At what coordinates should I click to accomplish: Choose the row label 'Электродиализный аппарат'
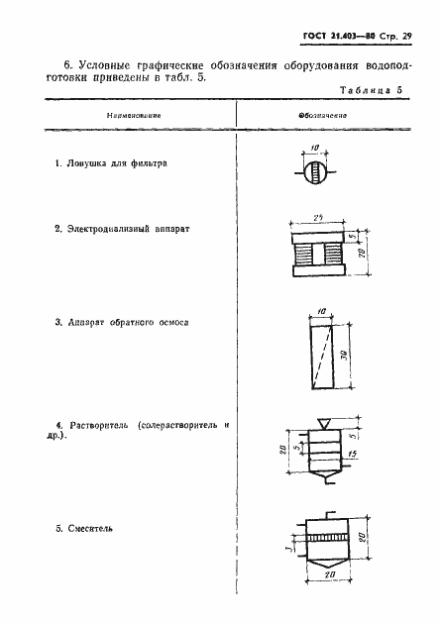[122, 228]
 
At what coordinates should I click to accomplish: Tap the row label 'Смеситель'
[89, 528]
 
